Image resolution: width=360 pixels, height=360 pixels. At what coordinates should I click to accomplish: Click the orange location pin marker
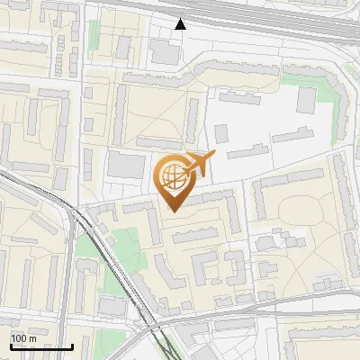tap(175, 180)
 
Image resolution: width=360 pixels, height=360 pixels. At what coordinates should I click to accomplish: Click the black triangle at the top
tap(181, 24)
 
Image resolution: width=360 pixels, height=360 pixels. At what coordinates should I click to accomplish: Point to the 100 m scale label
tap(23, 338)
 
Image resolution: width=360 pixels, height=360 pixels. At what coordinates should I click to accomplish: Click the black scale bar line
tap(41, 346)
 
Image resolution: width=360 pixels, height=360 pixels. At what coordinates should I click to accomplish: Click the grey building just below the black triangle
tap(165, 51)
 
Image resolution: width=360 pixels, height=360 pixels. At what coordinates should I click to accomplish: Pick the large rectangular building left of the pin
tap(125, 165)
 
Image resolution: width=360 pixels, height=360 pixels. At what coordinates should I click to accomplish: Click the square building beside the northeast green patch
tap(308, 99)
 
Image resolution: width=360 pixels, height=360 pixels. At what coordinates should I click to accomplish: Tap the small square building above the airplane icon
tap(221, 133)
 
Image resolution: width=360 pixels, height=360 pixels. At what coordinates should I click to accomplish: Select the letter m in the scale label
tap(31, 338)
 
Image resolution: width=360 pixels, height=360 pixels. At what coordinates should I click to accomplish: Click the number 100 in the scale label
tap(19, 338)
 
